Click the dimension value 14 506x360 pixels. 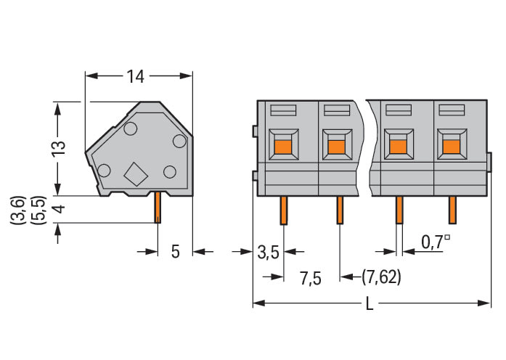tap(135, 76)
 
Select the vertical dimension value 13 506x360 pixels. tap(58, 148)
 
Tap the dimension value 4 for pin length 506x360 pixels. tap(58, 209)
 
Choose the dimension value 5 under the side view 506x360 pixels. tap(175, 252)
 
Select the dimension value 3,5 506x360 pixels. tap(268, 252)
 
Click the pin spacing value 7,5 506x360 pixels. tap(311, 279)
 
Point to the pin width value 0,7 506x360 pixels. tap(432, 242)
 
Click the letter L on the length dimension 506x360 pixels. tap(370, 303)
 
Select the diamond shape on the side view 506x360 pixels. tap(136, 174)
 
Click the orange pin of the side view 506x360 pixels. tap(157, 208)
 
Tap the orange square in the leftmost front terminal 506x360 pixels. tap(283, 148)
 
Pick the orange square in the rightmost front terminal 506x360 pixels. tap(451, 147)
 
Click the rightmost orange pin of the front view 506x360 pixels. tap(452, 210)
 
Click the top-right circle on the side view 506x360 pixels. tap(179, 141)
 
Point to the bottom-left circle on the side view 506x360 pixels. tap(104, 171)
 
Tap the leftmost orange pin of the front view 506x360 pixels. tap(284, 210)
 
